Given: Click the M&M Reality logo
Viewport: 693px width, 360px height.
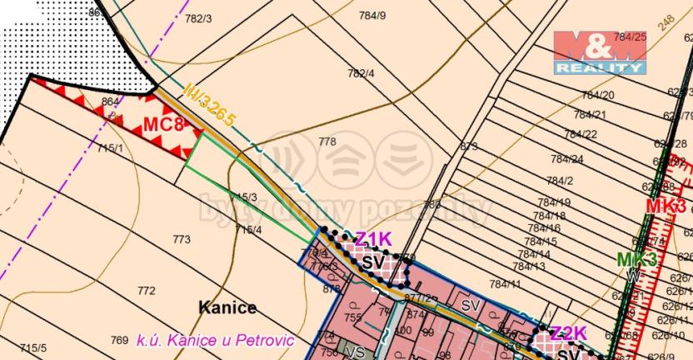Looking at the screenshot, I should point(600,52).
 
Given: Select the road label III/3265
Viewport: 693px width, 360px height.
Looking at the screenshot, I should point(210,104).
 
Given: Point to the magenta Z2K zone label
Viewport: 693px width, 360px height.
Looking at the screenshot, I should point(568,335).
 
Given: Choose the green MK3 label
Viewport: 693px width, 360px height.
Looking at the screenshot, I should point(636,259).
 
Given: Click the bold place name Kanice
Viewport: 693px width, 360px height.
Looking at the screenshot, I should point(227,307).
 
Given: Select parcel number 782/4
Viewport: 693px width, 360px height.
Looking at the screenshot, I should point(361,73).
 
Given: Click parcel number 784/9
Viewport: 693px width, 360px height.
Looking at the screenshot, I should point(371,15).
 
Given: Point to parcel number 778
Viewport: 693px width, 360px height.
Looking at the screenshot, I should point(327,142).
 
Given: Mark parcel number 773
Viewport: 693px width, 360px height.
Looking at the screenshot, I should point(182,239).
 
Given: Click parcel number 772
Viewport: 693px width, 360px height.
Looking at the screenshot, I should point(147,291).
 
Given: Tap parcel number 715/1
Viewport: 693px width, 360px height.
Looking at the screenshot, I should point(110,147).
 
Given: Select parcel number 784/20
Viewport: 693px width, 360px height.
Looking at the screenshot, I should point(598,95).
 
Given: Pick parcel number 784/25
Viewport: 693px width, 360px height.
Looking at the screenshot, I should point(630,37).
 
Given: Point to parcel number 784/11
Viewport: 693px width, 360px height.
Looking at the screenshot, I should point(504,284).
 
